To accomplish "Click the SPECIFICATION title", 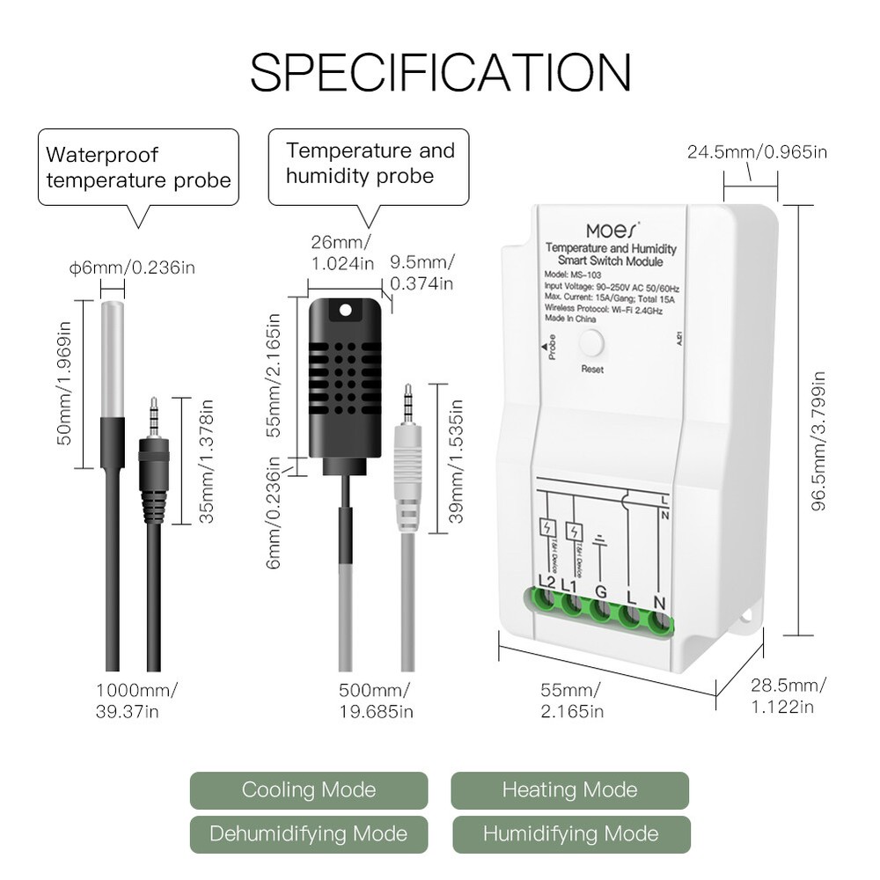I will (x=440, y=72).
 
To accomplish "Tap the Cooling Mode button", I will (x=309, y=790).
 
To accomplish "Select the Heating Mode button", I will (x=569, y=790).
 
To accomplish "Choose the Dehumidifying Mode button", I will (x=309, y=833).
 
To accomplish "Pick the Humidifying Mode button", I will (x=570, y=833).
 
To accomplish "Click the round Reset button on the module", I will (x=592, y=344).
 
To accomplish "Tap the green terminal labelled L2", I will (x=546, y=606).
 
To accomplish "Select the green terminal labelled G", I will (x=602, y=612).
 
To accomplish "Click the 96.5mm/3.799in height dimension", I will (x=819, y=420).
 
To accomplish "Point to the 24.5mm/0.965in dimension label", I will (x=757, y=152).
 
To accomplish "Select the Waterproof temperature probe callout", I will (x=138, y=167).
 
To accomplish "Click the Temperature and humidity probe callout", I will (x=369, y=164).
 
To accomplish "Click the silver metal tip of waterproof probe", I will (x=112, y=356).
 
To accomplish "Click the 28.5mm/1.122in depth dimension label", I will (x=788, y=695).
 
